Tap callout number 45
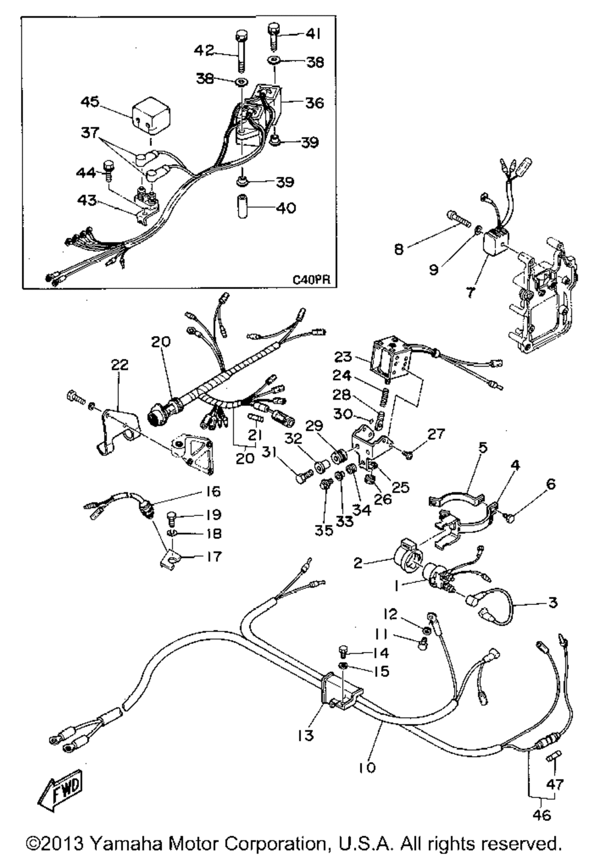tap(91, 102)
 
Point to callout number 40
tap(285, 208)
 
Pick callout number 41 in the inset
tap(313, 35)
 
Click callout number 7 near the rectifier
tap(470, 291)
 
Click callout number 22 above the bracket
tap(120, 365)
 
